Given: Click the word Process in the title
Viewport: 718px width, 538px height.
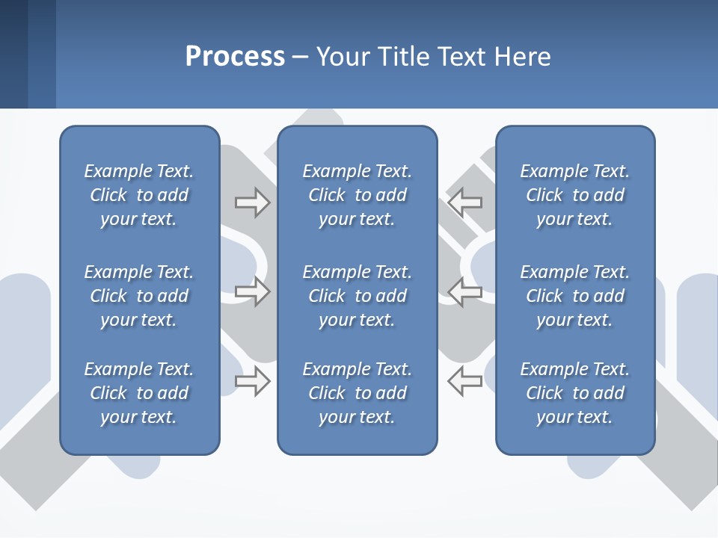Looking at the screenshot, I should tap(235, 57).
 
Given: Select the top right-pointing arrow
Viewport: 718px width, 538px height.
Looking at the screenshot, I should tap(253, 202).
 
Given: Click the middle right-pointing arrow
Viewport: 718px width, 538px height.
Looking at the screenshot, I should tap(253, 291).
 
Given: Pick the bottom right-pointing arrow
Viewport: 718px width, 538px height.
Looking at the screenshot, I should tap(253, 381).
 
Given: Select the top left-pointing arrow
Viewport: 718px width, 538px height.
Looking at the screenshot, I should tap(465, 202).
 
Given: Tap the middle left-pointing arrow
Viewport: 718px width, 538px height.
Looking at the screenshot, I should tap(465, 291).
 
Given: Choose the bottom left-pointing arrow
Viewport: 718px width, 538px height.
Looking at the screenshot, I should tap(465, 381).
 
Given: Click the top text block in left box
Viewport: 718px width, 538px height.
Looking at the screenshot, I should tap(139, 195).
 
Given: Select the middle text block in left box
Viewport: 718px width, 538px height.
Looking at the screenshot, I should tap(139, 296).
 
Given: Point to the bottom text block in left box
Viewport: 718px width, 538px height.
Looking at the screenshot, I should tap(139, 393).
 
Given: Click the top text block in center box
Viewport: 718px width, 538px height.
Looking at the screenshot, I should tap(358, 195).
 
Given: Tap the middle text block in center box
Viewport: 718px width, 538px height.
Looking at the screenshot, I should tap(358, 296).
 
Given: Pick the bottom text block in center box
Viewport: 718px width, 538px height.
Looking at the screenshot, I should tap(358, 393).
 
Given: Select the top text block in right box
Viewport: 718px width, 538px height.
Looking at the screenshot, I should tap(575, 195).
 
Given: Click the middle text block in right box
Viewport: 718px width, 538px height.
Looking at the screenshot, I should tap(575, 296).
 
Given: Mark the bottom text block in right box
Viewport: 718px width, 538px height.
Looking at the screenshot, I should tap(575, 393).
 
